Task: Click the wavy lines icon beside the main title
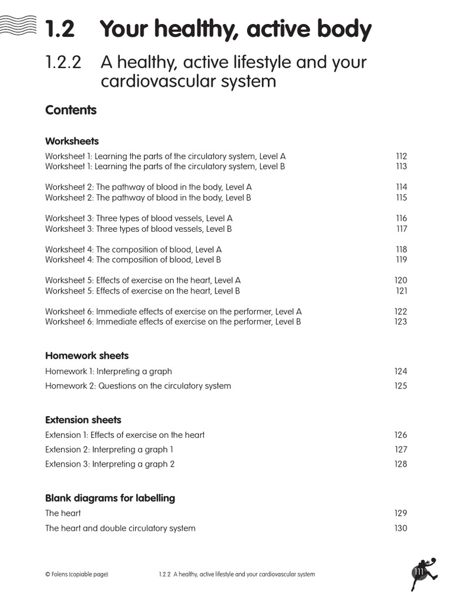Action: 19,25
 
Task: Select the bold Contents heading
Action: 70,110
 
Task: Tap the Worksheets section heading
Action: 72,141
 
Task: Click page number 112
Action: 401,157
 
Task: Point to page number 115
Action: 401,198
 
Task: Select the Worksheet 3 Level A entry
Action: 139,218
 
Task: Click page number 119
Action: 401,259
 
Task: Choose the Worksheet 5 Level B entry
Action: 143,291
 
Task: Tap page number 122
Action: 400,312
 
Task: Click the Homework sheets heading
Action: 87,356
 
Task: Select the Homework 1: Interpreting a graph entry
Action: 109,372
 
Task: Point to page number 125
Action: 400,386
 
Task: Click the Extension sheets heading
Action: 83,420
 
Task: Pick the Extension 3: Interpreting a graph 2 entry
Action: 110,464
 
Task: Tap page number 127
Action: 400,450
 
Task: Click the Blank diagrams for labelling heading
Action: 110,498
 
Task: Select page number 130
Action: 400,528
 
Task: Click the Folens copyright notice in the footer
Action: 77,574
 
